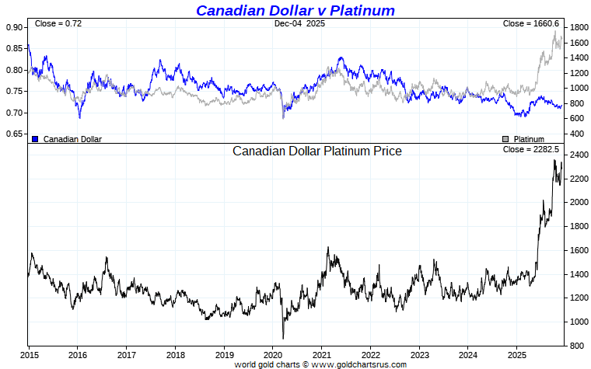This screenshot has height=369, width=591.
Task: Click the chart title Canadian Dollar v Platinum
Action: pyautogui.click(x=295, y=10)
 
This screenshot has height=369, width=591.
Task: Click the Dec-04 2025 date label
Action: pyautogui.click(x=299, y=24)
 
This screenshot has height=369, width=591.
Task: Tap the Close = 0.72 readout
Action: pyautogui.click(x=58, y=24)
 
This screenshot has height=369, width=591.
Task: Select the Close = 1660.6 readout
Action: pyautogui.click(x=531, y=24)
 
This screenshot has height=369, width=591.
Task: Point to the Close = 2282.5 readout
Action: pyautogui.click(x=531, y=149)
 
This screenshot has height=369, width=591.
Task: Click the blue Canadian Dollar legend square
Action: pyautogui.click(x=35, y=139)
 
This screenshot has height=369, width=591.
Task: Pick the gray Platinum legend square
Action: pyautogui.click(x=505, y=139)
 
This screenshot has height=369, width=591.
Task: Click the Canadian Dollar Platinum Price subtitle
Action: pyautogui.click(x=317, y=151)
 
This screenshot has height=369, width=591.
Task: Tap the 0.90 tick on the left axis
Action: pyautogui.click(x=14, y=27)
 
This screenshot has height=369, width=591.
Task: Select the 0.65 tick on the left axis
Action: pyautogui.click(x=14, y=134)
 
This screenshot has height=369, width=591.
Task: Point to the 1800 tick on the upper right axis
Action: pyautogui.click(x=577, y=27)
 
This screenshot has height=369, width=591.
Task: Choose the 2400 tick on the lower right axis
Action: pyautogui.click(x=577, y=155)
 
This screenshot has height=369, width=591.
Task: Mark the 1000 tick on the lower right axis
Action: pyautogui.click(x=577, y=322)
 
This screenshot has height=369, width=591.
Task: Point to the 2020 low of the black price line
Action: pyautogui.click(x=283, y=338)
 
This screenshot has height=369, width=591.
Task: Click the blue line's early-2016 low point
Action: pyautogui.click(x=79, y=117)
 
